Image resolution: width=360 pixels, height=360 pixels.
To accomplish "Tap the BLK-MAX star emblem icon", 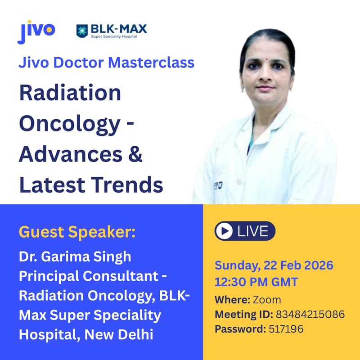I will (83, 31).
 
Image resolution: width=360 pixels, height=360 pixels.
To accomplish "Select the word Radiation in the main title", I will (70, 94).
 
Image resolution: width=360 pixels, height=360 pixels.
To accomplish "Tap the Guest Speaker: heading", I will (77, 233).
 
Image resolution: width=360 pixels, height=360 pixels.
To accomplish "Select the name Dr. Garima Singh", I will (75, 256).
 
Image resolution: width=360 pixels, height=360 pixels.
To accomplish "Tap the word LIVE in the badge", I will (252, 231).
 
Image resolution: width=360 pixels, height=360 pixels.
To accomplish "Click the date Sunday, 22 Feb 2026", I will (274, 265).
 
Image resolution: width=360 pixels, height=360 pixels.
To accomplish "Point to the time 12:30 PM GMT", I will (256, 282).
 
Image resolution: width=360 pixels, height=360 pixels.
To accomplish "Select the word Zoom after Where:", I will (267, 300).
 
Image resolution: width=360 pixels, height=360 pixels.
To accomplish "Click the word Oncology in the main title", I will (70, 124).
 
